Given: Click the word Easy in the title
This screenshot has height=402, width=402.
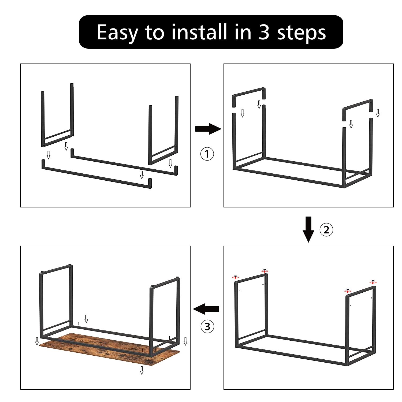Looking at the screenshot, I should (x=117, y=32).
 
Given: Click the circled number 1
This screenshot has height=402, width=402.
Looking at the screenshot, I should (x=207, y=154).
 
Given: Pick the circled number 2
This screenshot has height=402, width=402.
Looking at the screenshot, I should (x=326, y=230).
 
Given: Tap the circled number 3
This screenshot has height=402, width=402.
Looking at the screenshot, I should (x=207, y=327).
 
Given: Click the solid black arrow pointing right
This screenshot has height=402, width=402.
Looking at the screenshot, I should (x=208, y=129).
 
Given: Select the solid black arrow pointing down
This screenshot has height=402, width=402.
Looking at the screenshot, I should (x=308, y=229).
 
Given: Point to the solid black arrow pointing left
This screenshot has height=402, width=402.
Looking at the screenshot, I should (x=206, y=309).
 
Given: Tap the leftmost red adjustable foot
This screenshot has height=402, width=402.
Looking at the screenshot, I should (x=236, y=277).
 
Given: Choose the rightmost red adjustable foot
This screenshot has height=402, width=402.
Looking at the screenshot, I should (x=373, y=282).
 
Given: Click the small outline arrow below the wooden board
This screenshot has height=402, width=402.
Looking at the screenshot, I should (x=142, y=370).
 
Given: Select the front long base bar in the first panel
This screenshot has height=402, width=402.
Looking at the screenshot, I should (x=96, y=177).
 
